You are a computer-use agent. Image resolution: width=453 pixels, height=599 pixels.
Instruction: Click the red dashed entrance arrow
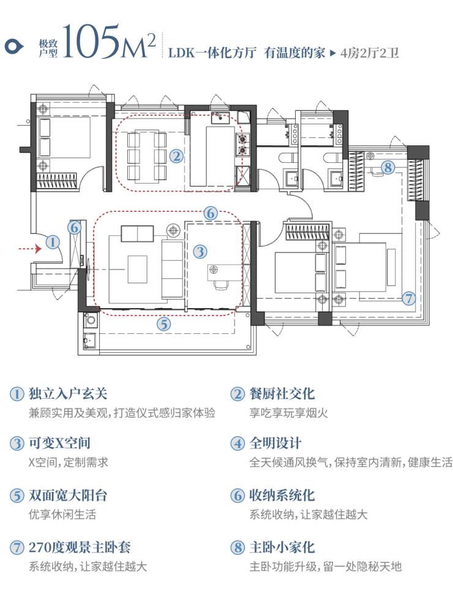coord(30,249)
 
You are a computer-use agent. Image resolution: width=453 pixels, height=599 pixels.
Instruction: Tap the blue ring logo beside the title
coord(14,47)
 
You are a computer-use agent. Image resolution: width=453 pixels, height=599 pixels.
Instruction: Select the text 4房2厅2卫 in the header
coord(370,53)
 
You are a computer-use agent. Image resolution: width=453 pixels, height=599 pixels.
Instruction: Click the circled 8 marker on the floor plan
coord(387,167)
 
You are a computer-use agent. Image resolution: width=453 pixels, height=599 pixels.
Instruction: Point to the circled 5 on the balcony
coord(164,324)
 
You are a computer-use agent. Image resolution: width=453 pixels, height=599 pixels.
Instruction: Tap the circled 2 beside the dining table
coord(176,156)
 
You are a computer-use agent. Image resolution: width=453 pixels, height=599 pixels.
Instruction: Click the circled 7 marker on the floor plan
coord(409,298)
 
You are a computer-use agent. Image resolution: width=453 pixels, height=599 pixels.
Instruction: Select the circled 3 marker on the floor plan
coord(200,251)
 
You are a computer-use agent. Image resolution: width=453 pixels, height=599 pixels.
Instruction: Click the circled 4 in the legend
coord(238,443)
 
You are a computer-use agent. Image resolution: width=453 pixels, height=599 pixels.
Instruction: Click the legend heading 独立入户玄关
coord(68,393)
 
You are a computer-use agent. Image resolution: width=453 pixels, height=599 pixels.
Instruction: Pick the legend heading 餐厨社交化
coord(282,393)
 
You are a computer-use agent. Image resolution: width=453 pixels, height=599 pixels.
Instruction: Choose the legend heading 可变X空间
coord(59,443)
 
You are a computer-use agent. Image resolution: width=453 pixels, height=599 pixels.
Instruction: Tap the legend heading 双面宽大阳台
coord(68,495)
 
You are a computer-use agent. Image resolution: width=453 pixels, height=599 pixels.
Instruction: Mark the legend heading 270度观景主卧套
coord(80,547)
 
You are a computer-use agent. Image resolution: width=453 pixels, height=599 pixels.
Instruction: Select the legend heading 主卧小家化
coord(282,547)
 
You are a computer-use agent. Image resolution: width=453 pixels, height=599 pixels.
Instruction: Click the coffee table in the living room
coord(137,269)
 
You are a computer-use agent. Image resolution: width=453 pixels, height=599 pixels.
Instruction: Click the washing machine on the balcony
coord(91,319)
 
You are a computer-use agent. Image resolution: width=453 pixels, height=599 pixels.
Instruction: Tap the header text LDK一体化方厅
coord(212,53)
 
